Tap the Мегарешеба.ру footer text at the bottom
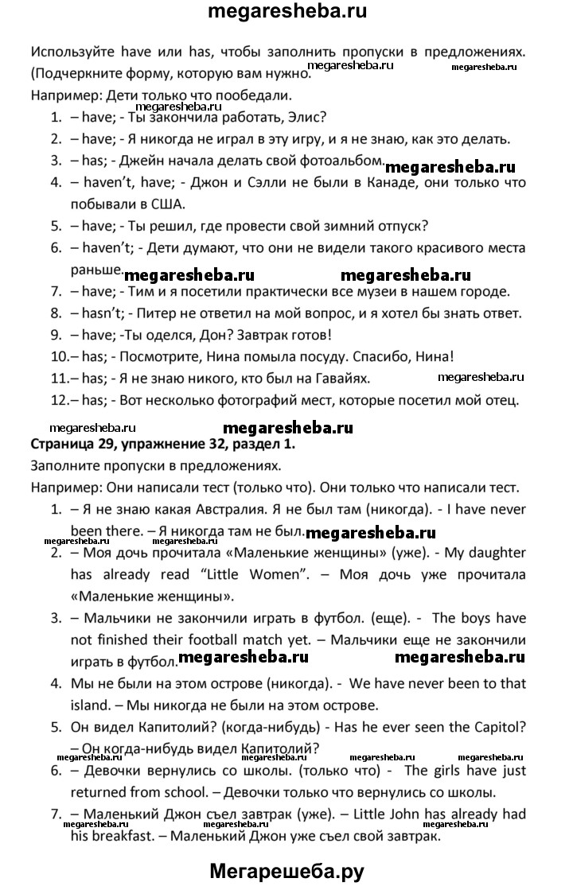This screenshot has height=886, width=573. (286, 870)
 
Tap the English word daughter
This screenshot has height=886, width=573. (497, 551)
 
